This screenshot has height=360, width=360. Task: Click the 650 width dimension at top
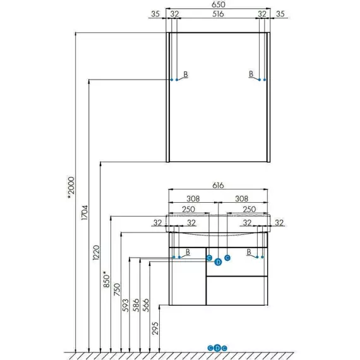point(218,4)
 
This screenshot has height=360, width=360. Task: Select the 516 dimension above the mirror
point(218,14)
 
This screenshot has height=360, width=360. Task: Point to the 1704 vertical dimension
point(85,213)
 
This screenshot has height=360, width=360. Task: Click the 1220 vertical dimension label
point(96,253)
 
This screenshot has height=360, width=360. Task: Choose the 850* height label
point(107,279)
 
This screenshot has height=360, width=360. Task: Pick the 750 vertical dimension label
point(117,289)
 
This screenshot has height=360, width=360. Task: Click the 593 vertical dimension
point(126,305)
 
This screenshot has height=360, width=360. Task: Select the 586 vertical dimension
point(136,305)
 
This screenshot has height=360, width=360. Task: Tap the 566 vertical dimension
point(146,305)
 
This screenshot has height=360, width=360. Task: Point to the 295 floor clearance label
point(155,328)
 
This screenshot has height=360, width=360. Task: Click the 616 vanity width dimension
point(218,185)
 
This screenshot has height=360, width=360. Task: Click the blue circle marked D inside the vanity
point(218,262)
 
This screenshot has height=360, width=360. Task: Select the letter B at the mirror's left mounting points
point(186,74)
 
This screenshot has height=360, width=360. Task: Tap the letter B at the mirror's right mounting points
point(251,74)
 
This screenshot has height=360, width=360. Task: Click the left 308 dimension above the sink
point(193,198)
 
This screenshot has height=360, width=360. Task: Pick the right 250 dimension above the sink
point(249,209)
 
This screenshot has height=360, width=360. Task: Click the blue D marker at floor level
point(217,348)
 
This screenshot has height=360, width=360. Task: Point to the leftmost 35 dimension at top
point(155,14)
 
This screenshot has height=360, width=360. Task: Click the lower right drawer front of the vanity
point(237,291)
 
